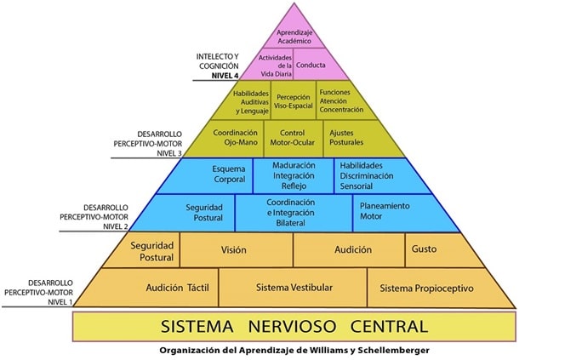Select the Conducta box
(316, 64)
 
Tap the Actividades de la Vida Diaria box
(271, 65)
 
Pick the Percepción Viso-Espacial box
(294, 101)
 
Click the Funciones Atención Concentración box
(344, 101)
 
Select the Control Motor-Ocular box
(293, 138)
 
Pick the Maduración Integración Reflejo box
(294, 175)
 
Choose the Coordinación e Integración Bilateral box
(294, 213)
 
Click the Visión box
(236, 249)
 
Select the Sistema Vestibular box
(293, 288)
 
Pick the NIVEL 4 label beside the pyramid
(225, 76)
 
